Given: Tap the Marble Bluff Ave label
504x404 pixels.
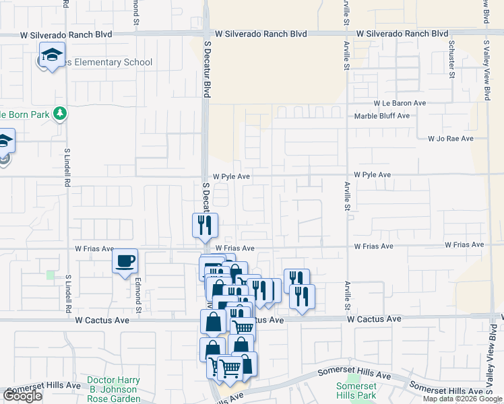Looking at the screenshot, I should pyautogui.click(x=382, y=116).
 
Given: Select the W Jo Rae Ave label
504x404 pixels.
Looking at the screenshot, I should pyautogui.click(x=451, y=139).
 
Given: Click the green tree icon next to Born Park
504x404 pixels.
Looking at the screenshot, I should pyautogui.click(x=61, y=113).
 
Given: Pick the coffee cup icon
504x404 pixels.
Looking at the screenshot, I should pyautogui.click(x=125, y=261).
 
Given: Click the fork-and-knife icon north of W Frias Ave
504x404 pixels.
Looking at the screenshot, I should pyautogui.click(x=205, y=225).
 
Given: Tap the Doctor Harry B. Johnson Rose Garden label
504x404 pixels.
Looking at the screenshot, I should pyautogui.click(x=113, y=389).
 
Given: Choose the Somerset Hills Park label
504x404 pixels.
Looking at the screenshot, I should pyautogui.click(x=356, y=391).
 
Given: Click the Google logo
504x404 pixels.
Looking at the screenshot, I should pyautogui.click(x=22, y=396).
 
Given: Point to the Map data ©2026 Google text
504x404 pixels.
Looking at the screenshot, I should pyautogui.click(x=462, y=399).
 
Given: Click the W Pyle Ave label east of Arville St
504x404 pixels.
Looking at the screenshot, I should pyautogui.click(x=372, y=175).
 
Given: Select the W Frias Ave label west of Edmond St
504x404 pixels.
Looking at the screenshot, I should pyautogui.click(x=94, y=249).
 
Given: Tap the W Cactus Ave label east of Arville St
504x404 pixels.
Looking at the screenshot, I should pyautogui.click(x=375, y=318).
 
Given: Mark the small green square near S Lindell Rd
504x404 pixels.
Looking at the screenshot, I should pyautogui.click(x=51, y=275).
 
